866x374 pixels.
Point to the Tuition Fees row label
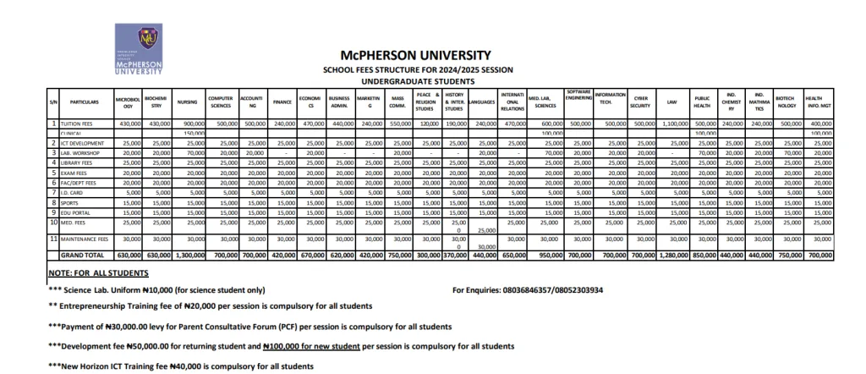80,124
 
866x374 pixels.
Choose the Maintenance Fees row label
85,239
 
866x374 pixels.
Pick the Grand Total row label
82,254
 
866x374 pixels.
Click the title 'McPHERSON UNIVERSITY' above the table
414,55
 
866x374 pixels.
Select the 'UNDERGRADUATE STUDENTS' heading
414,81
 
